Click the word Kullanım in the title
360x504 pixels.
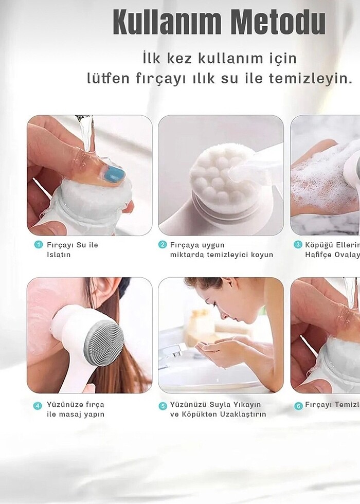[x=167, y=23]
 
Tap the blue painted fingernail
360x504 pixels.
[x=114, y=174]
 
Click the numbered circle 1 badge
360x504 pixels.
[x=38, y=245]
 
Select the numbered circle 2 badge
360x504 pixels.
[x=163, y=245]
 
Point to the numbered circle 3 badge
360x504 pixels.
[x=297, y=245]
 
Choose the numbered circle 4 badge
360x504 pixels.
[x=38, y=405]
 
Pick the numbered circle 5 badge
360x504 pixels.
[x=163, y=405]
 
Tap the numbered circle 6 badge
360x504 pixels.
[x=298, y=405]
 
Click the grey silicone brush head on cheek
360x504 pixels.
[x=103, y=343]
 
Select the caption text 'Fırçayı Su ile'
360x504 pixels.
[x=72, y=245]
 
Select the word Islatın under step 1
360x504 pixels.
[x=59, y=255]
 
